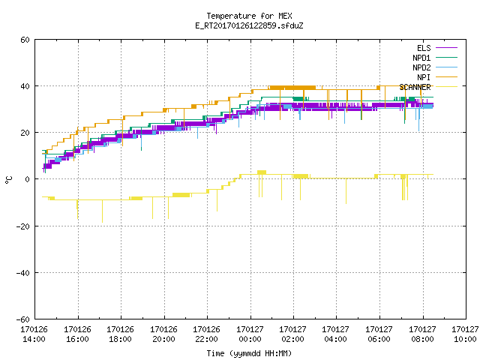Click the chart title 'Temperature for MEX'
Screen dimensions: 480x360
[249, 16]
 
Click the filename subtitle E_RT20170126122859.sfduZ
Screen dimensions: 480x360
[249, 25]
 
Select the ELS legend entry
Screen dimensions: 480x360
[424, 48]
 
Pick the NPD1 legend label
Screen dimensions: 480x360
[421, 58]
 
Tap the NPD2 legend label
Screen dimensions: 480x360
[421, 67]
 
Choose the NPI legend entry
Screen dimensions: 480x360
[424, 77]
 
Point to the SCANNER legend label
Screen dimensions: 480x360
[415, 87]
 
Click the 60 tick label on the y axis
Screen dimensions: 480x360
[25, 40]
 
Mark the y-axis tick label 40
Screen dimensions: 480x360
[25, 86]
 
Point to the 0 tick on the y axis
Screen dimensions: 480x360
[27, 179]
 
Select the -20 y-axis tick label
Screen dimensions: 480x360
[23, 226]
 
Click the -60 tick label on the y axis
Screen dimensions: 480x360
[23, 319]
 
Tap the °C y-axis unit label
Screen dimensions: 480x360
[8, 180]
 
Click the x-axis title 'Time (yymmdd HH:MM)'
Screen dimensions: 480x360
[249, 353]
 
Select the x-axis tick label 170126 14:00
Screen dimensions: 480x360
[34, 334]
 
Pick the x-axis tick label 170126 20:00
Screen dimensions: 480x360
[163, 334]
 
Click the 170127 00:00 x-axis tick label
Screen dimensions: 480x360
[250, 334]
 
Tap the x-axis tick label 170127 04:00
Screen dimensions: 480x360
[336, 334]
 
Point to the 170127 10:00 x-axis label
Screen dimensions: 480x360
[465, 334]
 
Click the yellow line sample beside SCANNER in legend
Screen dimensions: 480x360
[447, 87]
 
